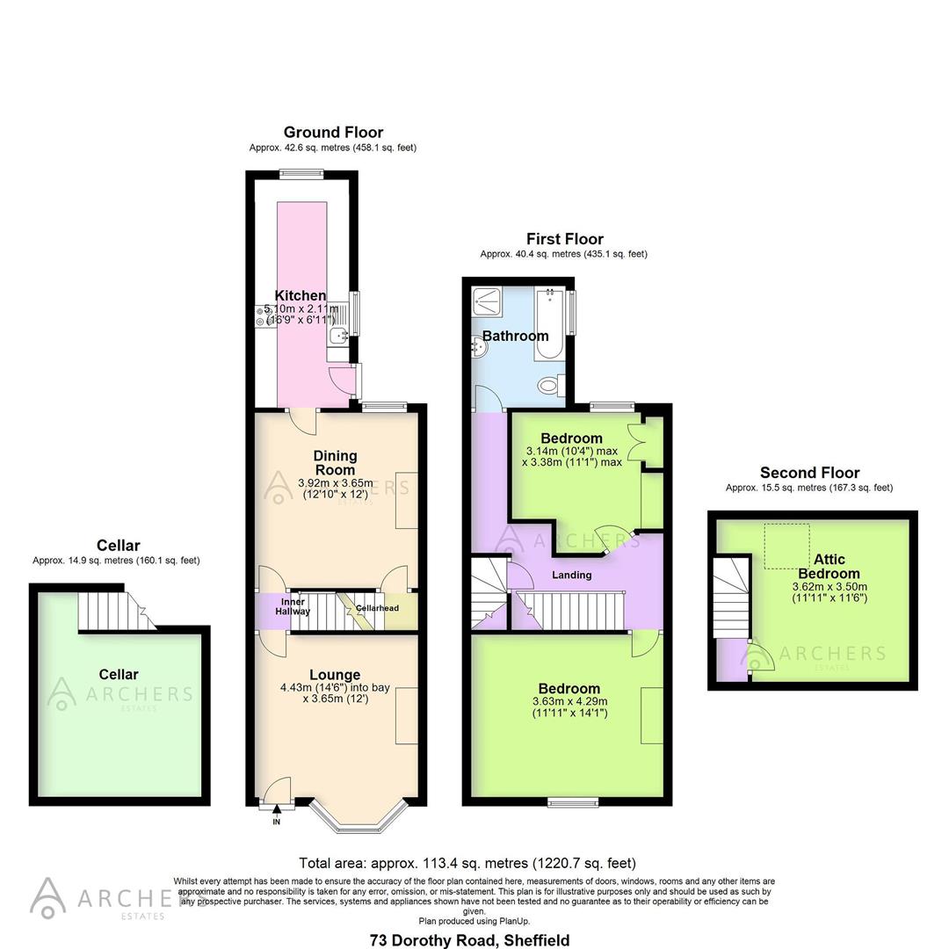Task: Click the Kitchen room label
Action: coord(301,296)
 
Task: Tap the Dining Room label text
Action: coord(336,462)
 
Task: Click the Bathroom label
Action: coord(515,336)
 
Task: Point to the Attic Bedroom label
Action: coord(829,567)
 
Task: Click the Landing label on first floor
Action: coord(571,575)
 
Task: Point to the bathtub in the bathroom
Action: coord(549,325)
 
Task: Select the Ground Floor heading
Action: coord(332,133)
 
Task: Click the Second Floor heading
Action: coord(809,473)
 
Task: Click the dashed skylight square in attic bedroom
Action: coord(787,545)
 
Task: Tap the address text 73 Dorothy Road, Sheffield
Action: coord(469,940)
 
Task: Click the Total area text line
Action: coord(467,863)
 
